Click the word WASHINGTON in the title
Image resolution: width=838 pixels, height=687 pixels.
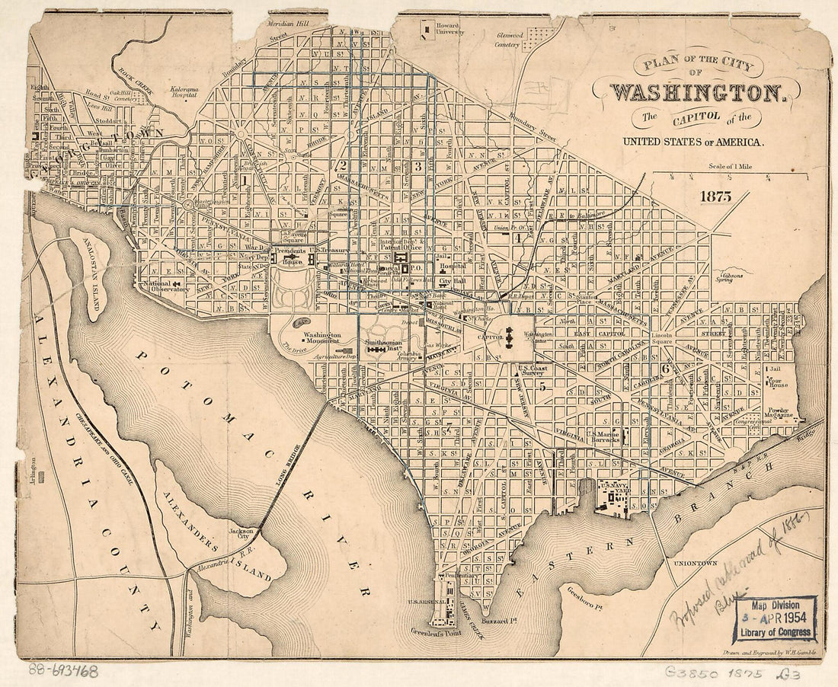click(x=697, y=93)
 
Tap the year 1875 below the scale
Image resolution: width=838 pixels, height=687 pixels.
click(x=717, y=197)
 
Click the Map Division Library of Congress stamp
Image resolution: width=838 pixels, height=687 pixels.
click(x=774, y=618)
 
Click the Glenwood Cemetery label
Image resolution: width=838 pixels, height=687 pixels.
click(x=509, y=40)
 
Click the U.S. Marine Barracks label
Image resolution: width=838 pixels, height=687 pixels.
click(x=606, y=437)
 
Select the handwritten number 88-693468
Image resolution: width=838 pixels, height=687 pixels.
click(x=63, y=671)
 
